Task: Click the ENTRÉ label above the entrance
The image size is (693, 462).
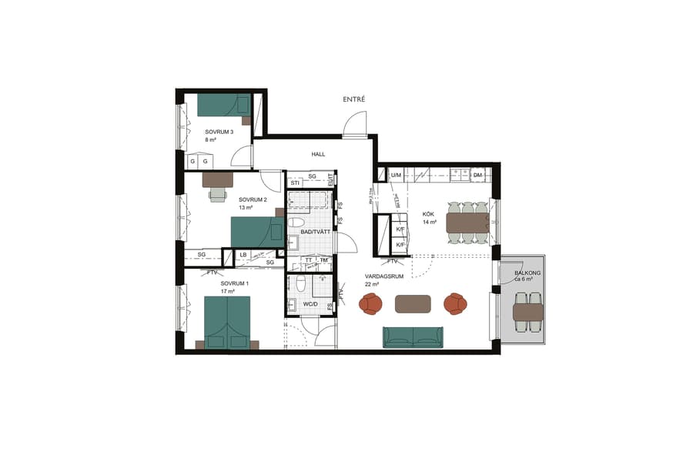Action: tap(354, 99)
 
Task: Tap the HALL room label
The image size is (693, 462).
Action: tap(318, 154)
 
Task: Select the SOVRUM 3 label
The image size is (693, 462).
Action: tap(219, 132)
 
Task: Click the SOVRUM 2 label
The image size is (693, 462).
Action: tap(253, 199)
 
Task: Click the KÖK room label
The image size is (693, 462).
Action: tap(429, 214)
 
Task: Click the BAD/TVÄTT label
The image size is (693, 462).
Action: tap(316, 231)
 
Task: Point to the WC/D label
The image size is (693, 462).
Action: tap(311, 304)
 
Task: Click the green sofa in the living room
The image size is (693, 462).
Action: tap(413, 336)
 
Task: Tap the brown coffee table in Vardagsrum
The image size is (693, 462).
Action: tap(413, 304)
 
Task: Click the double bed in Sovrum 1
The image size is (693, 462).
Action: tap(227, 322)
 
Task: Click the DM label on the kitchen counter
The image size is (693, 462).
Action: tap(477, 176)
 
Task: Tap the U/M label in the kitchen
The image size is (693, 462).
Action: tap(396, 176)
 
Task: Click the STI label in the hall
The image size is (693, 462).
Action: tap(295, 182)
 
